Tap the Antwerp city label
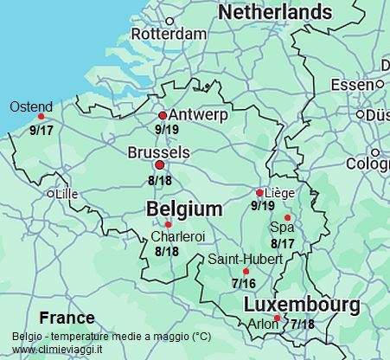tap(199, 115)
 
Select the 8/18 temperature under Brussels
tap(160, 181)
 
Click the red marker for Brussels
tap(158, 164)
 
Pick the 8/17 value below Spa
tap(283, 243)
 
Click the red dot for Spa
tap(288, 217)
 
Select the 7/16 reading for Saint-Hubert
tap(244, 283)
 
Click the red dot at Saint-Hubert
tap(246, 272)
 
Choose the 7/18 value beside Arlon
tap(302, 325)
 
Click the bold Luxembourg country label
tap(301, 305)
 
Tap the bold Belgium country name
tap(184, 209)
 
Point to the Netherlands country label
tap(275, 12)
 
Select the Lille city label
tap(66, 195)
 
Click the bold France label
tap(67, 318)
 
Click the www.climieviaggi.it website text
tap(57, 349)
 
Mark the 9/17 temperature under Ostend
tap(42, 130)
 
